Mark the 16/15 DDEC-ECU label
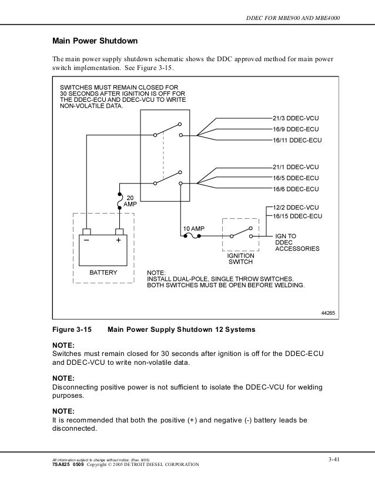pyautogui.click(x=299, y=217)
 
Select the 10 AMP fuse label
pyautogui.click(x=193, y=228)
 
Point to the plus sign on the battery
pyautogui.click(x=118, y=241)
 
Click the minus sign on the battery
pyautogui.click(x=86, y=241)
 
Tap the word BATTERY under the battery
pyautogui.click(x=103, y=273)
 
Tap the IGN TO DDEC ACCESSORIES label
pyautogui.click(x=297, y=242)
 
